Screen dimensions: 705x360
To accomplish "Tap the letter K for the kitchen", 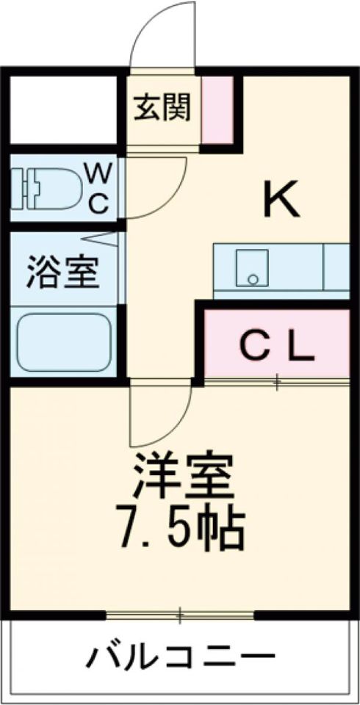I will click(281, 200).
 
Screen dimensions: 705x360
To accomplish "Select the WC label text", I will click(98, 188).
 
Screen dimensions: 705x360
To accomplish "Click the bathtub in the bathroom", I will click(63, 342).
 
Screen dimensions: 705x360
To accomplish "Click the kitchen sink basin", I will click(252, 268).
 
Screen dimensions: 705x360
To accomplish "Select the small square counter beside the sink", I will click(335, 268).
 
